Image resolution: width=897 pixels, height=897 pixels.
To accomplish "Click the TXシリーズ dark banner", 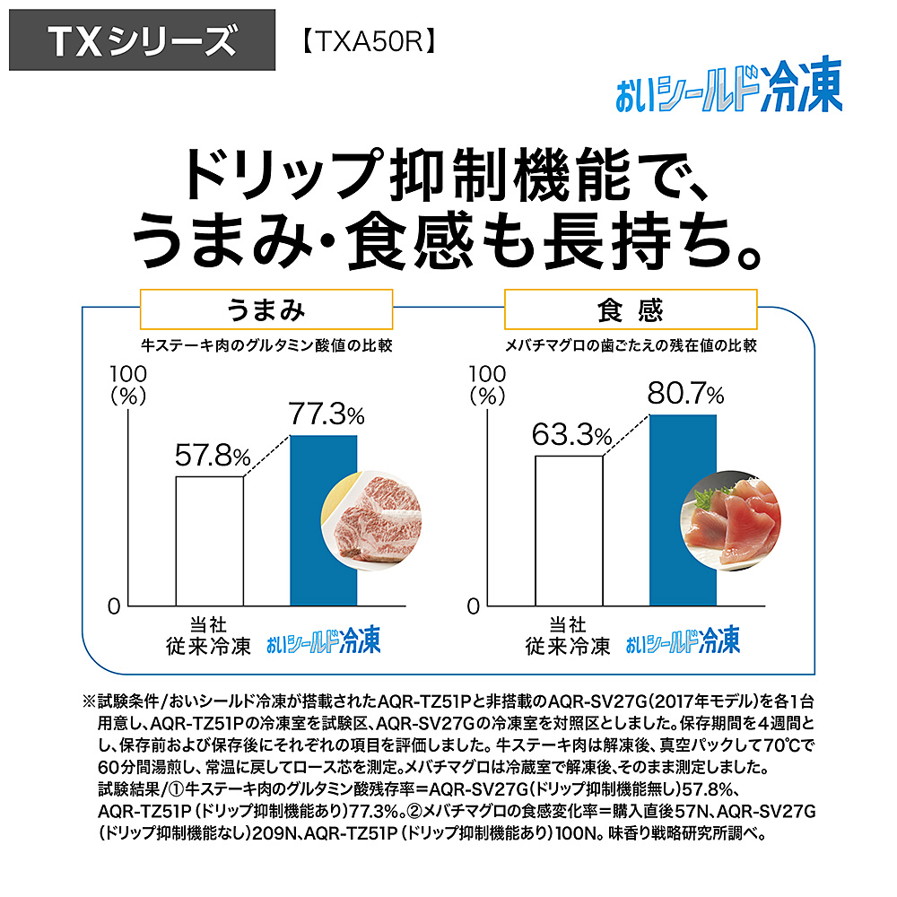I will [x=142, y=40].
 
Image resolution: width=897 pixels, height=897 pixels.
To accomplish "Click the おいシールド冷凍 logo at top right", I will [x=728, y=91].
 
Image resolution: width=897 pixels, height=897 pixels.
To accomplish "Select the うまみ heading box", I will [x=266, y=309].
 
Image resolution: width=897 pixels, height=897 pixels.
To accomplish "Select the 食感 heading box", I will [x=630, y=309].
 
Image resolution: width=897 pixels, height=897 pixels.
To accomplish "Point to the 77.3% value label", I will [x=326, y=414].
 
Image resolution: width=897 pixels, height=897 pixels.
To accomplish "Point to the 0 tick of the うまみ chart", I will [x=114, y=606].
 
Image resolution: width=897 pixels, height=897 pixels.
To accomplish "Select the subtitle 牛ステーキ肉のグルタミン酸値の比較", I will [x=266, y=345].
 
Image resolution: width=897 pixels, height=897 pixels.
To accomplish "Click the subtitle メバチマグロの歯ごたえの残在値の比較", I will [x=630, y=345].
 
